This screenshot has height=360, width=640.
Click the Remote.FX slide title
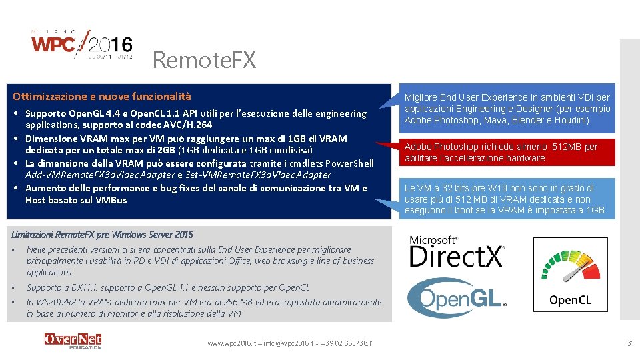204,60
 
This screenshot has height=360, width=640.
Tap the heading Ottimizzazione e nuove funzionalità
102,97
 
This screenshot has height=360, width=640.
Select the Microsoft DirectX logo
457,251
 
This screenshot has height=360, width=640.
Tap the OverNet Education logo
73,341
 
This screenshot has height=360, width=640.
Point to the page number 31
630,343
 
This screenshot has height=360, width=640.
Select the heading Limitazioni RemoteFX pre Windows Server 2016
103,234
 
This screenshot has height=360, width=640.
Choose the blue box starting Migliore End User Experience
507,109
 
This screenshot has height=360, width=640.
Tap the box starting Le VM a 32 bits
507,199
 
